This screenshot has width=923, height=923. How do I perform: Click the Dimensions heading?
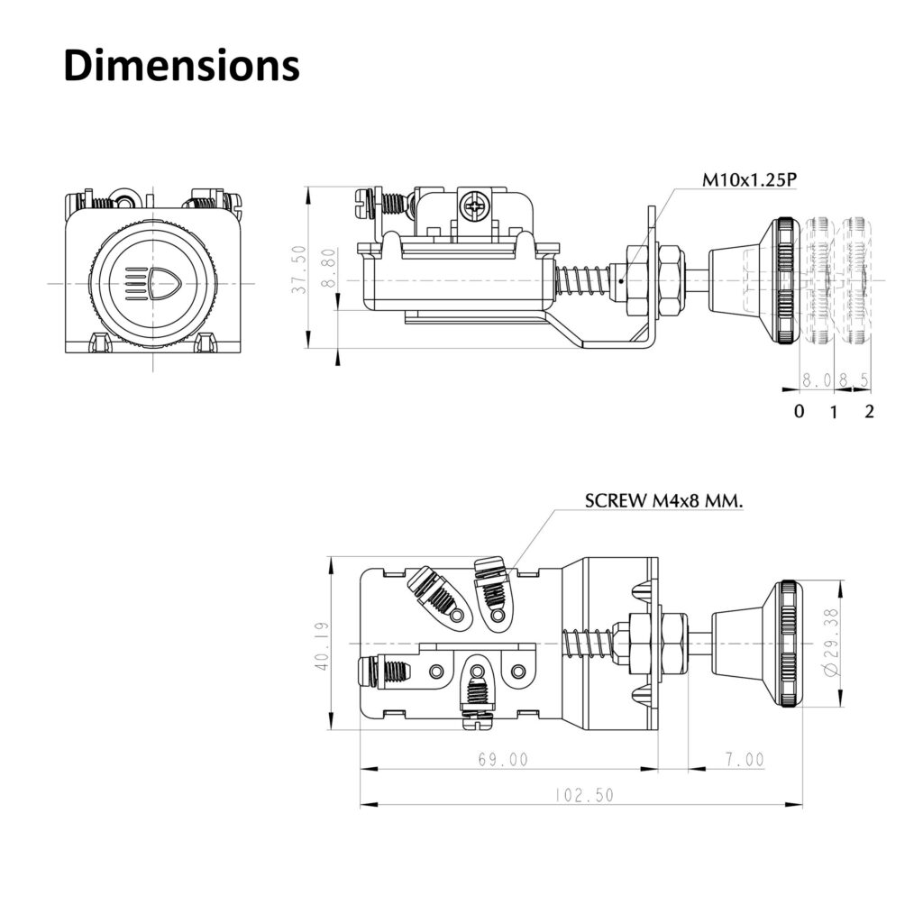(x=181, y=65)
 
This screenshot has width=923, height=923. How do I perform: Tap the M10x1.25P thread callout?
(x=749, y=179)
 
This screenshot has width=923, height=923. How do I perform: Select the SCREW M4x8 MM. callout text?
(x=664, y=501)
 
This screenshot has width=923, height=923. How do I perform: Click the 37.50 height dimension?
(x=299, y=270)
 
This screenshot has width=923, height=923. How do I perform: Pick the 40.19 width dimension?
(x=322, y=644)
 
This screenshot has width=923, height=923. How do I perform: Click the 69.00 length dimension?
(x=503, y=759)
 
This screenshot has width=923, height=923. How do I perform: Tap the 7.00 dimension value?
(x=744, y=759)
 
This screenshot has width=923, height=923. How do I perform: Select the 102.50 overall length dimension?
(x=584, y=795)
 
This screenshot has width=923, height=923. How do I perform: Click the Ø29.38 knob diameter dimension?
(x=830, y=643)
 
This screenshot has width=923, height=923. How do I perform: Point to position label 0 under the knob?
(x=799, y=411)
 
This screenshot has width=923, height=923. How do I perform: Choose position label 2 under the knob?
(x=870, y=411)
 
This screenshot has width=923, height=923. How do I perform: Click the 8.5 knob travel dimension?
(x=854, y=380)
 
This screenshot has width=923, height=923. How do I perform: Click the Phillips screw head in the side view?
(x=475, y=206)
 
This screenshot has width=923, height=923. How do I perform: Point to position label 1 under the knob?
(x=833, y=412)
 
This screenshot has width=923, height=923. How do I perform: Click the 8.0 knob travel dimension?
(x=816, y=380)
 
